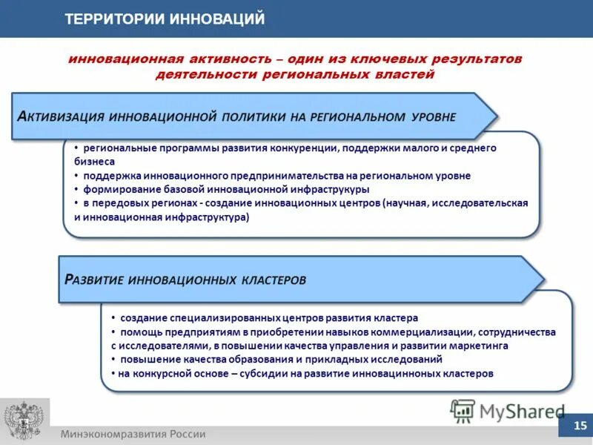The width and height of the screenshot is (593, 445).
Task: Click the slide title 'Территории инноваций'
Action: point(165,19)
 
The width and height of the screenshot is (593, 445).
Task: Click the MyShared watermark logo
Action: point(507,410)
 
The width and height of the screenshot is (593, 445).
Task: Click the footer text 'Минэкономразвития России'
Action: point(133,435)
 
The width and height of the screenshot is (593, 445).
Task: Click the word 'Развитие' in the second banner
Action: point(93,280)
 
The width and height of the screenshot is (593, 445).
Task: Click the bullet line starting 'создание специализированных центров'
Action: point(263,317)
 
